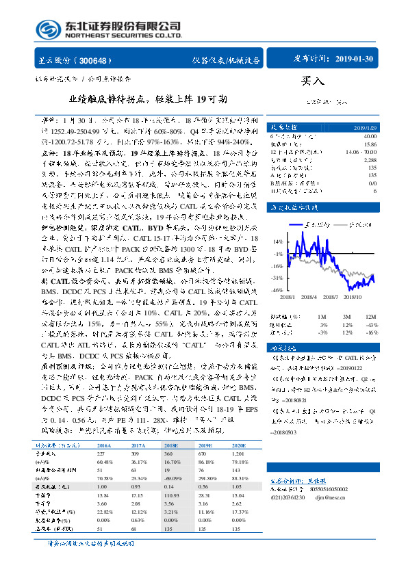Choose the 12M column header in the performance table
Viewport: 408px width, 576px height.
click(x=369, y=317)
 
